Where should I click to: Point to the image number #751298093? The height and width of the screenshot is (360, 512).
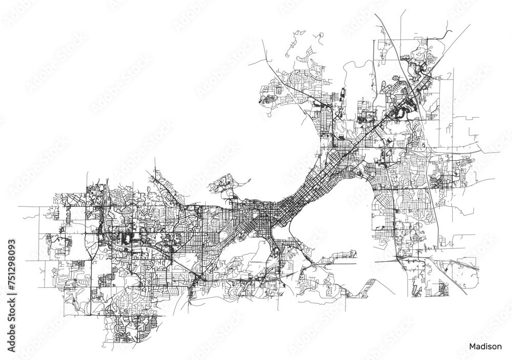pos(12,256)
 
